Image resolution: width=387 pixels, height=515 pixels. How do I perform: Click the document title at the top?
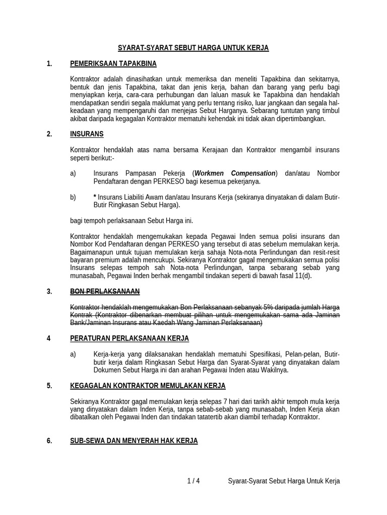pos(193,48)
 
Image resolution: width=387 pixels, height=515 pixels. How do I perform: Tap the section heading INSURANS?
pos(87,134)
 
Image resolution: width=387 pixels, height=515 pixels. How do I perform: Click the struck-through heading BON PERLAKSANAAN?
pos(105,291)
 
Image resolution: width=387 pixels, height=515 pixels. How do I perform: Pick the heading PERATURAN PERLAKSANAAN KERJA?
pos(130,338)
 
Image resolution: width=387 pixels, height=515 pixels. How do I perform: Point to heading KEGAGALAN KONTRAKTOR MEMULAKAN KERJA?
pos(148,386)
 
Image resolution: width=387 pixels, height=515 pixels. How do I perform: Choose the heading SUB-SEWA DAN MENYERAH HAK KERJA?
pos(134,441)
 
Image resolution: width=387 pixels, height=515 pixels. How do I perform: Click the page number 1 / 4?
pos(193,481)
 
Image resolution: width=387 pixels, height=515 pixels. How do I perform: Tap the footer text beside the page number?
pos(284,481)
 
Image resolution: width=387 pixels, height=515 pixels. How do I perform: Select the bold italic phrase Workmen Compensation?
pos(235,173)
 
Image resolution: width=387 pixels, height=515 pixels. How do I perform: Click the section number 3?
pos(49,291)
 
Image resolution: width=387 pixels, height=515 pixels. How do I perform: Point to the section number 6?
pos(49,441)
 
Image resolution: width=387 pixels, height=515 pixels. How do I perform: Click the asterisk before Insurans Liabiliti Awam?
pos(95,197)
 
